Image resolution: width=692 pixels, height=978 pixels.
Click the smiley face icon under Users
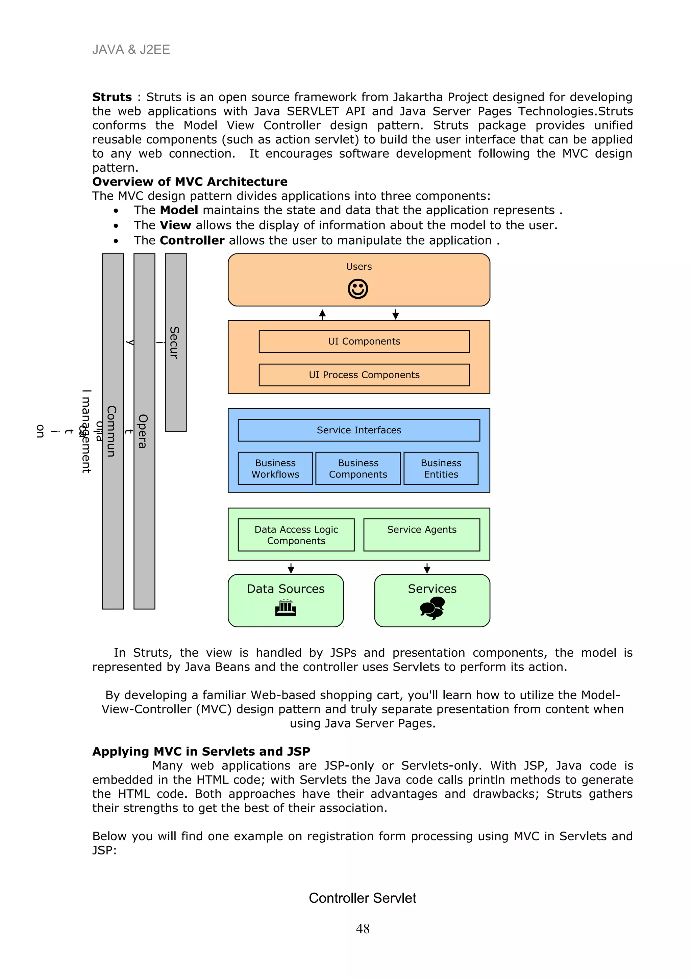(358, 289)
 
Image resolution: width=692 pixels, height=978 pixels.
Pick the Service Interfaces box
(359, 430)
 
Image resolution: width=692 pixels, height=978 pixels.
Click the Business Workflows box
(275, 468)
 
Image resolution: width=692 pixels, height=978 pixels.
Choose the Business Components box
(358, 468)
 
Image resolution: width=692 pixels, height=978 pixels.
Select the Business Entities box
(441, 468)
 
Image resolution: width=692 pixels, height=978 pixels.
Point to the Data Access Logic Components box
(296, 535)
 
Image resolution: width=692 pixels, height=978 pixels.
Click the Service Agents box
(421, 535)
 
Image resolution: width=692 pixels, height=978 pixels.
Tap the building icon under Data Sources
(286, 607)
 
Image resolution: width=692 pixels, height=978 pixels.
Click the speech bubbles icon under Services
(432, 608)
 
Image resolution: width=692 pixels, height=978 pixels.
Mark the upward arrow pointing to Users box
(322, 315)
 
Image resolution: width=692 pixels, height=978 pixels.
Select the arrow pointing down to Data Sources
(291, 568)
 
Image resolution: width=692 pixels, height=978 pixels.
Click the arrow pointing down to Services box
(427, 568)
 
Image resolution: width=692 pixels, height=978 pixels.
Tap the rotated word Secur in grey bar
(174, 343)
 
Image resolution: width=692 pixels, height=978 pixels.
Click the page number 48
(363, 929)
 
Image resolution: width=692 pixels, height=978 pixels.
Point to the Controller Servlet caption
(363, 898)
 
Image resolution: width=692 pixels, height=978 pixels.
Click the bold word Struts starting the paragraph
(112, 97)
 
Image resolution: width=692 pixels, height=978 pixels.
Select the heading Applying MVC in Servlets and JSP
(201, 752)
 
